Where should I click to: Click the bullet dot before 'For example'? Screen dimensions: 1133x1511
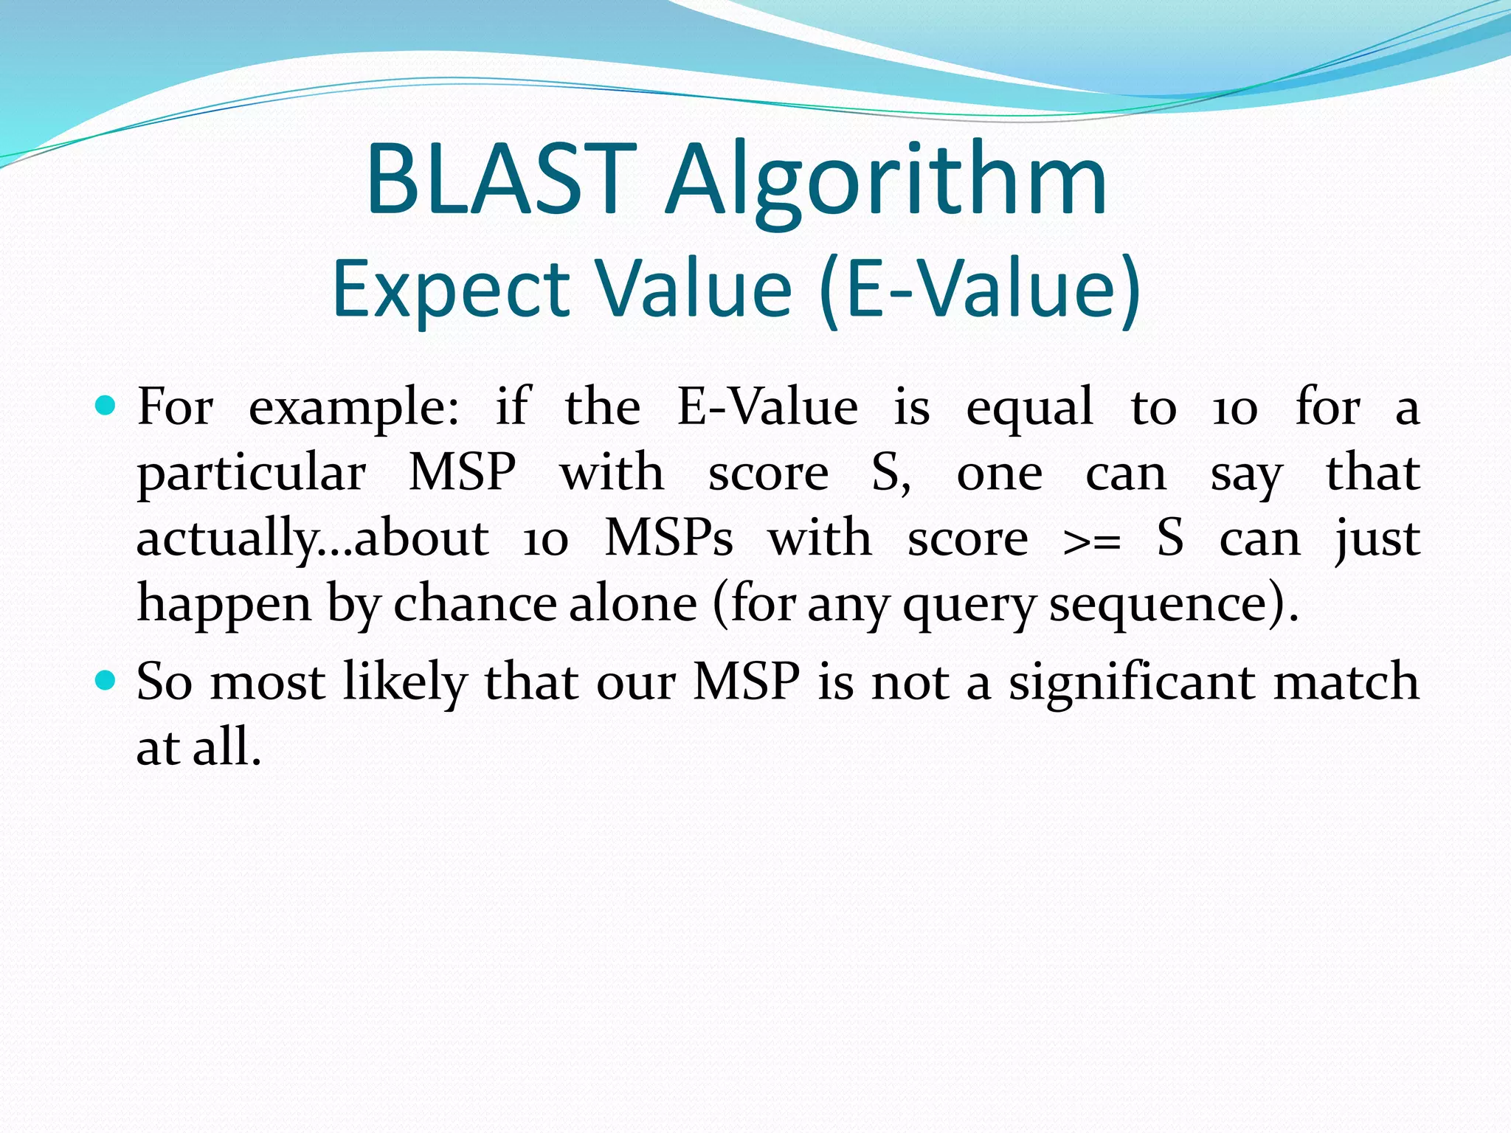point(106,405)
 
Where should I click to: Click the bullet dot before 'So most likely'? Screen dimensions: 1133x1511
point(106,679)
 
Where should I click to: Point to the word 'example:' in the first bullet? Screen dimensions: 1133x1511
point(353,407)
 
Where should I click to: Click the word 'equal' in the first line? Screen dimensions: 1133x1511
point(1029,407)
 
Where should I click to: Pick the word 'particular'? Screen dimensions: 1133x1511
point(252,474)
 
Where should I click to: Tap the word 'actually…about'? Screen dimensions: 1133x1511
point(312,538)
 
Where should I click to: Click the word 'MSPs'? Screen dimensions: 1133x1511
point(668,538)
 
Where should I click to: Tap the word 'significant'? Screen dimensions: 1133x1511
point(1133,682)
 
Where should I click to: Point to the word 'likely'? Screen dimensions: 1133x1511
point(405,682)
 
